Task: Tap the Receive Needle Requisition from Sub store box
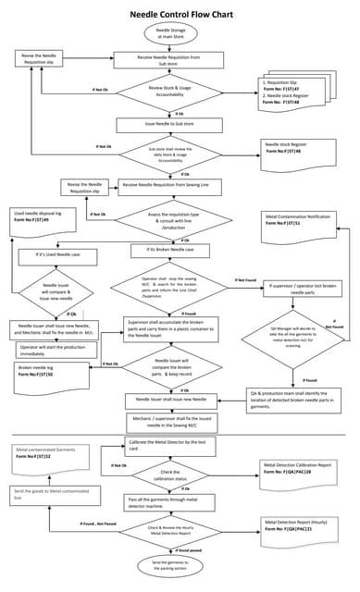click(169, 60)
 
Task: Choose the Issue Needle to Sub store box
click(169, 122)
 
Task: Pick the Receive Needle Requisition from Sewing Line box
click(179, 187)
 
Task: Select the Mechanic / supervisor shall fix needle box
click(179, 421)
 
